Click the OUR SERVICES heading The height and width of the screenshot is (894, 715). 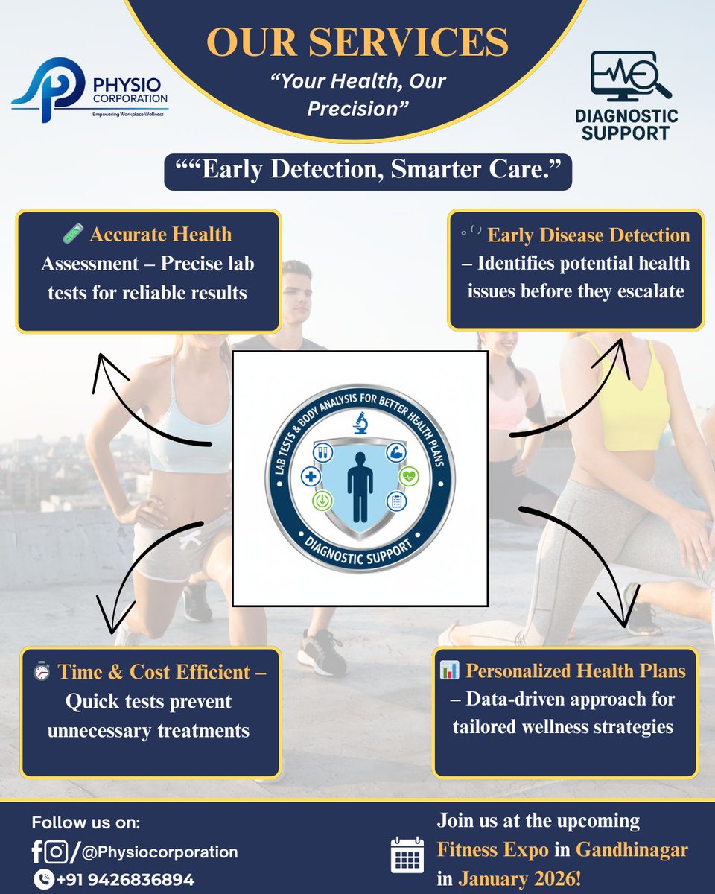coord(357,42)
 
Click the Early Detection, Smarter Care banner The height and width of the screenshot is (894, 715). coord(368,171)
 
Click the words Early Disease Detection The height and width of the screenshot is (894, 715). coord(588,235)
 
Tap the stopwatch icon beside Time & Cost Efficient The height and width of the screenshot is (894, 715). coord(42,672)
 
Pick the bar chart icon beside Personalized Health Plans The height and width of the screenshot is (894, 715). coord(449,670)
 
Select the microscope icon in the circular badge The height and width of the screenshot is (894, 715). coord(360,423)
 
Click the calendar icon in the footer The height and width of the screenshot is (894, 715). coord(407,855)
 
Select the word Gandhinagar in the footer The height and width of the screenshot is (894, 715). coord(632,849)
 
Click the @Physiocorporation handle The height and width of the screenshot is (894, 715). coord(159,852)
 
